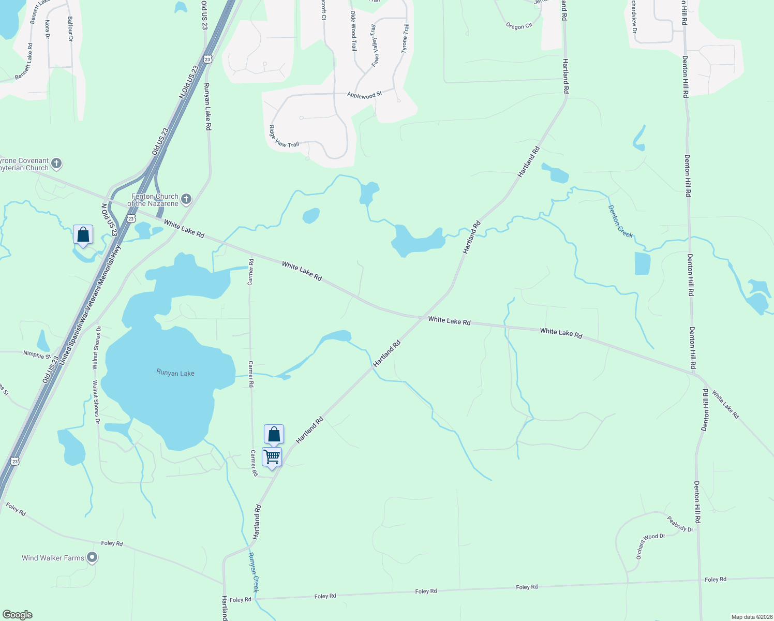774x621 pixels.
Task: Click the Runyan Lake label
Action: coord(175,373)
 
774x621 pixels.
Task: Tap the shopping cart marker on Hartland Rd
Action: coord(272,457)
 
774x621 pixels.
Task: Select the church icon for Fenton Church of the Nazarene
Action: coord(186,199)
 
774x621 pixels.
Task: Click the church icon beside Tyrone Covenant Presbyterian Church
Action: coord(56,164)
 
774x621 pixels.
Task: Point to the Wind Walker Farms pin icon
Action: coord(92,557)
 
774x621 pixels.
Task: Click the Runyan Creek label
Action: coord(254,572)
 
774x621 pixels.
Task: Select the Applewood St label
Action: coord(364,95)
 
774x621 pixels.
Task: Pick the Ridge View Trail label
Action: coord(284,137)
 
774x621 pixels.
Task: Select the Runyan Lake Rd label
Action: coord(207,106)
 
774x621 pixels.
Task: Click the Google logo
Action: coord(17,615)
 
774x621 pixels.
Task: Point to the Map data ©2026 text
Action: coord(751,617)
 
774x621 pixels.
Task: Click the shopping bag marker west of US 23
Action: coord(83,235)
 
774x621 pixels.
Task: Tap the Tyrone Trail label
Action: coord(405,38)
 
